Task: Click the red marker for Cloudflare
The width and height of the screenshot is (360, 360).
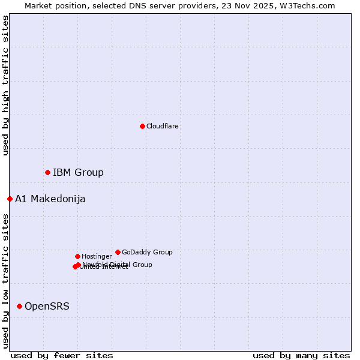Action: [x=142, y=126]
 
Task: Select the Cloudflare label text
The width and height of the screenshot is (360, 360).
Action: [x=163, y=126]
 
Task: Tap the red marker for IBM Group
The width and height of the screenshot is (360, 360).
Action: [x=47, y=172]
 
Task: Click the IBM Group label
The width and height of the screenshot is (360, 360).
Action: [x=78, y=173]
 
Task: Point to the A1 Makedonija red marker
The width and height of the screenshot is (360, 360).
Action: [x=10, y=199]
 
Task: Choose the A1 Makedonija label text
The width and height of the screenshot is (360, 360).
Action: [x=50, y=199]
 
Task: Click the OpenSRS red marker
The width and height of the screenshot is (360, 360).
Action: [x=19, y=306]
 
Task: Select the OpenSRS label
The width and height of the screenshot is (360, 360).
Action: [x=47, y=307]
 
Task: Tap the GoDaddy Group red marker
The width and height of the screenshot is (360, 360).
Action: [x=118, y=252]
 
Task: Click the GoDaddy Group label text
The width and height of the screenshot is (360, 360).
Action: [x=147, y=252]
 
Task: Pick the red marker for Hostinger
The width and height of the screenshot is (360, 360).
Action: [x=77, y=256]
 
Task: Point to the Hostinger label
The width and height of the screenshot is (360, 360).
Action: [x=97, y=256]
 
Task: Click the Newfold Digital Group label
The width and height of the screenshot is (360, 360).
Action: [x=118, y=265]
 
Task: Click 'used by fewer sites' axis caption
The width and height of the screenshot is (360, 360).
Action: [x=62, y=355]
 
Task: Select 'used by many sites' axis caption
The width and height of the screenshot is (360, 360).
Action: [x=301, y=355]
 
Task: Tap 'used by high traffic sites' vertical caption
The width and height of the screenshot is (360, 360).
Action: [x=5, y=85]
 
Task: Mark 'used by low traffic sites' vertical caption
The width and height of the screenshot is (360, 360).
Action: [x=5, y=281]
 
